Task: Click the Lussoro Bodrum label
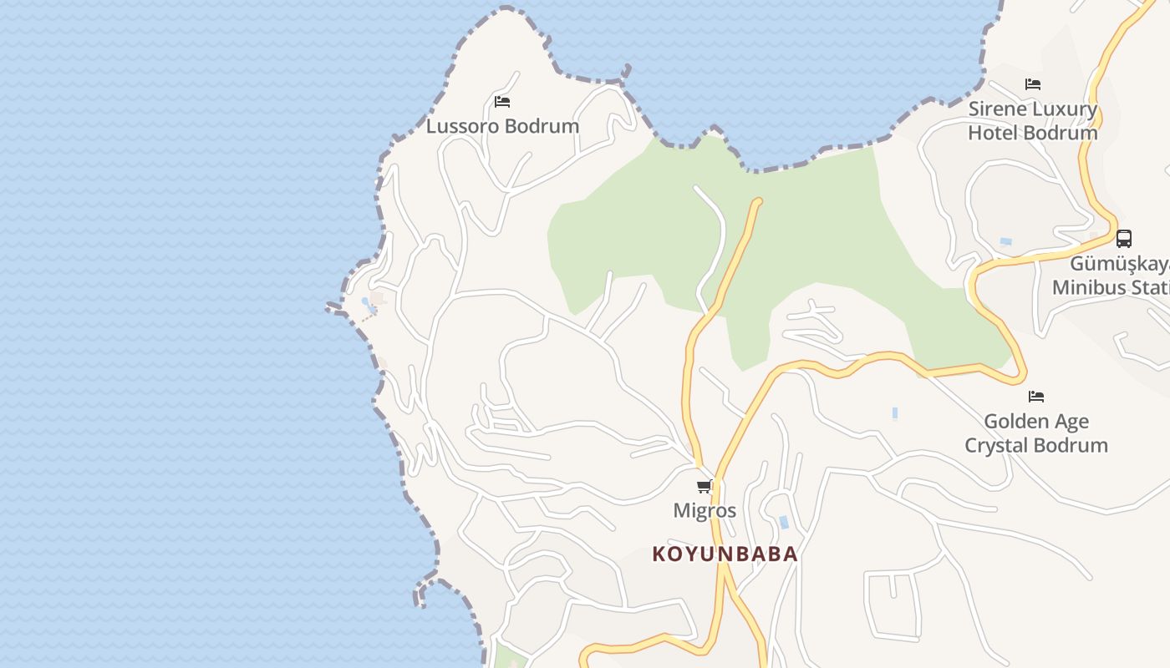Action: point(502,126)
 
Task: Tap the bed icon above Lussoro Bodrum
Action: point(502,102)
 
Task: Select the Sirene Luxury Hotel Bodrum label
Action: point(1033,121)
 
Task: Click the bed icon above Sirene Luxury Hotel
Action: point(1033,84)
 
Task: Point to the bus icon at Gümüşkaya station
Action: point(1124,239)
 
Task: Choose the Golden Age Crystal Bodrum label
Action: point(1036,433)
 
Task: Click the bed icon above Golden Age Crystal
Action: point(1036,396)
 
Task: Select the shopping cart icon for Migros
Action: point(705,486)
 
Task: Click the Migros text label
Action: point(705,510)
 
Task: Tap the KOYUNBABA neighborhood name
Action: point(725,554)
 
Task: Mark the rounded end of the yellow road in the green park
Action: point(758,201)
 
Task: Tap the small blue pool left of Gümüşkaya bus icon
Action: point(1006,241)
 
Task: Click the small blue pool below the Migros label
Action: point(784,523)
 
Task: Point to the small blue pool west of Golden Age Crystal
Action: point(895,412)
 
